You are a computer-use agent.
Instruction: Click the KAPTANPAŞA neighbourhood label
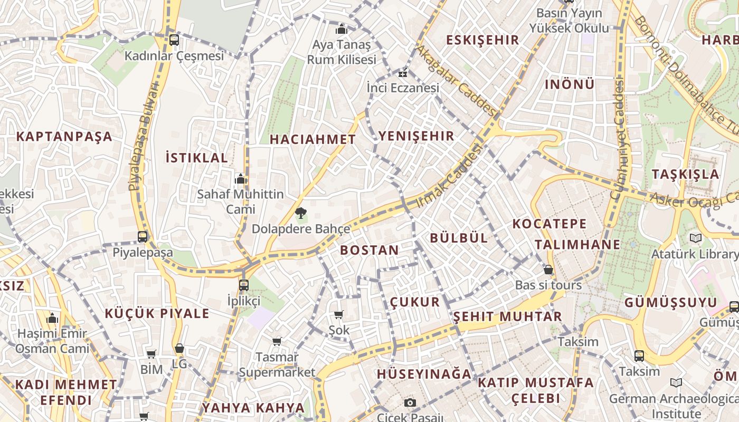coord(64,137)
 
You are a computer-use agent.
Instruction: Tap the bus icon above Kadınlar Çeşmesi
coord(174,40)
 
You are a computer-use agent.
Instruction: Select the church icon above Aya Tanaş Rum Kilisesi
coord(342,28)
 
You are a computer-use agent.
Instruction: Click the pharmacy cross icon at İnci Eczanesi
coord(403,74)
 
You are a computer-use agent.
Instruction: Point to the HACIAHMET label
coord(313,139)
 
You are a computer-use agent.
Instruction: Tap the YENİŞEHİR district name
coord(416,136)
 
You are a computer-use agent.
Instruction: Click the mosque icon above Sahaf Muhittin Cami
coord(241,179)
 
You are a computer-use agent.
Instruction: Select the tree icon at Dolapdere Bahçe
coord(301,214)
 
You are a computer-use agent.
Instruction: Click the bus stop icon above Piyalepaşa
coord(143,237)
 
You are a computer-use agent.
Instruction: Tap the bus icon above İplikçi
coord(244,285)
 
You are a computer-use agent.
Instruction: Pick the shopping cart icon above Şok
coord(338,315)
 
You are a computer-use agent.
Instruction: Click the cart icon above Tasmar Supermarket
coord(277,342)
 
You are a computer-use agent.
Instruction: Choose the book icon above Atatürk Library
coord(696,238)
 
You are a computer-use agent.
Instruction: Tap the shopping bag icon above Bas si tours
coord(548,270)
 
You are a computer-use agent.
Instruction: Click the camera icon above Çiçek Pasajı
coord(410,403)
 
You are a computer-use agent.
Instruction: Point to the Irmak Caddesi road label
coord(450,175)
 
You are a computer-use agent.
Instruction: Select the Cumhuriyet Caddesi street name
coord(618,138)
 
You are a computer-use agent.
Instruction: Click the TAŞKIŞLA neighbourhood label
coord(685,174)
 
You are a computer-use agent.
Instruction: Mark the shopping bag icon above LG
coord(179,349)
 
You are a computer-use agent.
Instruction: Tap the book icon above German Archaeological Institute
coord(676,383)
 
